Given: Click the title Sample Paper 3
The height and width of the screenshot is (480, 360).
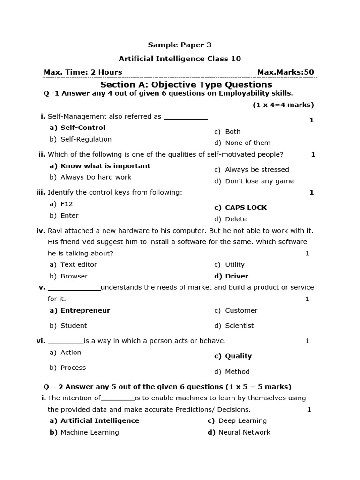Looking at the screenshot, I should [x=180, y=45].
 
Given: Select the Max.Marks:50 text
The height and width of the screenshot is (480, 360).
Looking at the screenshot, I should [x=285, y=72].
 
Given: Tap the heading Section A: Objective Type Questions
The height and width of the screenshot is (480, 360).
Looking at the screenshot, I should [x=186, y=85].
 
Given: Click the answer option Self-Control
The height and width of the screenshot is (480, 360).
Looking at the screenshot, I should [x=82, y=127].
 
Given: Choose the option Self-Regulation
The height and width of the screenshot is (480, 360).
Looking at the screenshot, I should [x=86, y=139].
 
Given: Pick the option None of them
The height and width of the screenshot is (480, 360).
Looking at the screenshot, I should [x=247, y=143].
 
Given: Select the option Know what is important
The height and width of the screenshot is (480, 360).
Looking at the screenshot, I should [x=105, y=166].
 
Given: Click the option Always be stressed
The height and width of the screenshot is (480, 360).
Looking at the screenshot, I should [x=257, y=170].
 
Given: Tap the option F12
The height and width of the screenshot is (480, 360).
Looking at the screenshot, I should [x=67, y=204].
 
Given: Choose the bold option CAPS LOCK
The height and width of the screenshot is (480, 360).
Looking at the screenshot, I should [x=246, y=208].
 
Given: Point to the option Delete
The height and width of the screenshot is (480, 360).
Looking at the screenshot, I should [x=236, y=219].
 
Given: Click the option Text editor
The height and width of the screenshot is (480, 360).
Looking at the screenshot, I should [x=78, y=265].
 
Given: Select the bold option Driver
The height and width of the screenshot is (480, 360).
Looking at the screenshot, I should [x=237, y=276].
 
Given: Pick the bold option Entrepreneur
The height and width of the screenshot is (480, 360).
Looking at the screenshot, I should [x=85, y=310].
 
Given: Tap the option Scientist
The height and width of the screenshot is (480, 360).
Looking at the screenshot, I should [x=239, y=326].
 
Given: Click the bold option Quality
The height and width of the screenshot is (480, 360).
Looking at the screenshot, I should [x=238, y=356].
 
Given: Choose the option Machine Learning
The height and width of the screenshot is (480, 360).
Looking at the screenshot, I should [x=90, y=432].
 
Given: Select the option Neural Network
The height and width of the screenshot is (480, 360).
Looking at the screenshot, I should [x=244, y=432].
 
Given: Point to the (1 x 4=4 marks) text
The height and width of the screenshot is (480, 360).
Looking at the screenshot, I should [x=283, y=105].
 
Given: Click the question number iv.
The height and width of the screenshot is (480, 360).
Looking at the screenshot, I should [x=40, y=231].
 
